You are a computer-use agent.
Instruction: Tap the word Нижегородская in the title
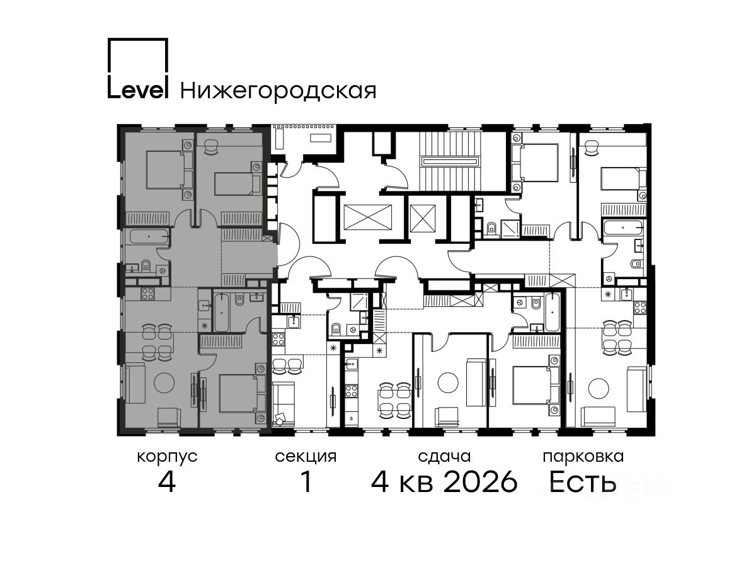click(278, 91)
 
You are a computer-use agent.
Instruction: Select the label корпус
click(167, 457)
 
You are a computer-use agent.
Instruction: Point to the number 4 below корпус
click(167, 482)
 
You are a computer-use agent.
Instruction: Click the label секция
click(306, 457)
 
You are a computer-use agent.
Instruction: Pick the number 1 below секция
click(306, 482)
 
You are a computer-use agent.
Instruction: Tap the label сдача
click(444, 457)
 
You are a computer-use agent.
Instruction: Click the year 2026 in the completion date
click(481, 482)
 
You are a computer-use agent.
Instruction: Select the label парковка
click(583, 457)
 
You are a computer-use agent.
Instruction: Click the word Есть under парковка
click(582, 482)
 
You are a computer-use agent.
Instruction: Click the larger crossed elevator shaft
click(368, 217)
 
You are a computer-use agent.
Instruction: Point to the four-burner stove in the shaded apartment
click(147, 294)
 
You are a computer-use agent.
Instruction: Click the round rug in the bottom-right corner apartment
click(598, 389)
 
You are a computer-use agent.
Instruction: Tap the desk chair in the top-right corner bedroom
click(593, 149)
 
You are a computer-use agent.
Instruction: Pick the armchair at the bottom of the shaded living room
click(169, 418)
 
